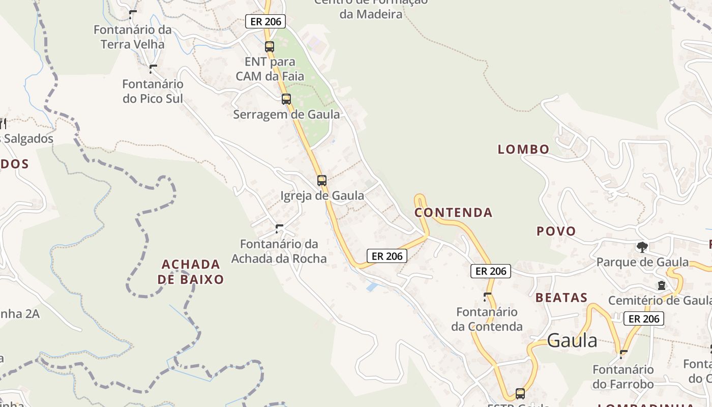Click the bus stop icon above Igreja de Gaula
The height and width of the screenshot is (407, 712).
[321, 180]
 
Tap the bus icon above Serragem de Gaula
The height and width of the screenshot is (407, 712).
[286, 99]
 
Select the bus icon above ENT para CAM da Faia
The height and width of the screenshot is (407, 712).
[269, 46]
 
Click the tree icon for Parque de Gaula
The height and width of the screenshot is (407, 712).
[642, 247]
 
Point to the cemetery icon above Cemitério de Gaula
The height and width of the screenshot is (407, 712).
[661, 285]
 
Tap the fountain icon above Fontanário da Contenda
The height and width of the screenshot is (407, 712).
[487, 296]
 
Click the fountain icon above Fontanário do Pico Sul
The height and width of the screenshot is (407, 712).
[153, 68]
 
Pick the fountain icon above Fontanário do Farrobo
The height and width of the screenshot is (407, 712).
[624, 353]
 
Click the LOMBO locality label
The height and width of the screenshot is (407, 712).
[523, 149]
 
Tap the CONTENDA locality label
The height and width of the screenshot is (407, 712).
[454, 213]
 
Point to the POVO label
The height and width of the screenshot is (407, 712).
[556, 231]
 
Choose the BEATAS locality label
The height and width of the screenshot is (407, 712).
[561, 298]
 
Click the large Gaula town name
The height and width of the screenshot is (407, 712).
[572, 340]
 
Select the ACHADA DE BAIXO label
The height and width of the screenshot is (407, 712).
[191, 272]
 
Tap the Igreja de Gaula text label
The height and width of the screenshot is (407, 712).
[322, 195]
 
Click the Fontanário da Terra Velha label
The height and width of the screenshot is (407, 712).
[133, 37]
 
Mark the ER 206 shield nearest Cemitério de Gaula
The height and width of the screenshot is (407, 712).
[643, 319]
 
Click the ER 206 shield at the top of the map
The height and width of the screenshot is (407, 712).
[265, 21]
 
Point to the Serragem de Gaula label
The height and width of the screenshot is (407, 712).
[286, 114]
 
